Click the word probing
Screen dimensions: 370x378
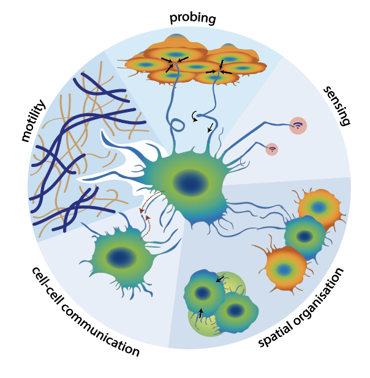pos(192,18)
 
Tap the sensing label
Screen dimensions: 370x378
pos(337,106)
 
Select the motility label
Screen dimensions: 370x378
pos(33,120)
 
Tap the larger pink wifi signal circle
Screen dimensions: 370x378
pos(298,125)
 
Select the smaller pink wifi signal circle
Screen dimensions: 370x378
pos(272,149)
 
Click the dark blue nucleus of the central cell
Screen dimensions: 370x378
pos(191,183)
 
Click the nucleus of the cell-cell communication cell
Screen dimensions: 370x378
pos(121,258)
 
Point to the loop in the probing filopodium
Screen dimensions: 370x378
pos(178,125)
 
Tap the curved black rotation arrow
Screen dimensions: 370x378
pos(194,116)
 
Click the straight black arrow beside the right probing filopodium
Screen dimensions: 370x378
pos(211,128)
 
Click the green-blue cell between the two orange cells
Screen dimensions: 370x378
pos(305,236)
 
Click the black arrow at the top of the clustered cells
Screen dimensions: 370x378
pos(220,279)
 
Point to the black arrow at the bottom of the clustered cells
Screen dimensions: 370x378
pos(200,313)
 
